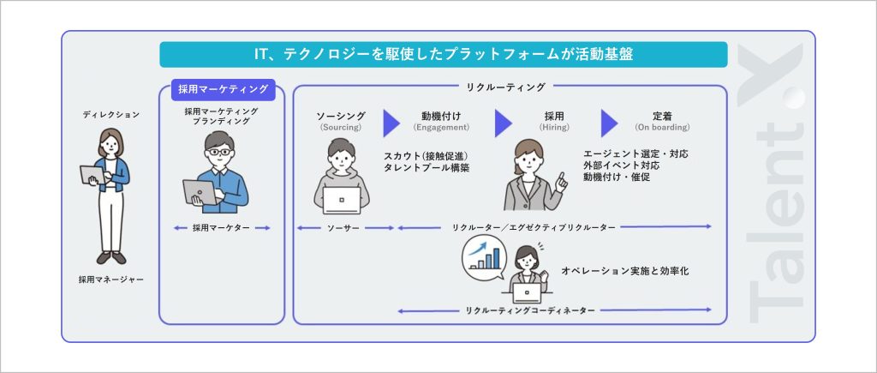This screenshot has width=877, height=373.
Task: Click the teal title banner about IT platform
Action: pos(443,55)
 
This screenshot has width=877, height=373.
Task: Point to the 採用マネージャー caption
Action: pos(111,280)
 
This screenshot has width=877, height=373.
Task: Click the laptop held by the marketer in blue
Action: pos(200,192)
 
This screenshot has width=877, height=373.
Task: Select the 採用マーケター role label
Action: pos(222,228)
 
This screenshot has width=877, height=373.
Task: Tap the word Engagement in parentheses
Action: pos(442,128)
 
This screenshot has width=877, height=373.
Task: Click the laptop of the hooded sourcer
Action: pos(340,199)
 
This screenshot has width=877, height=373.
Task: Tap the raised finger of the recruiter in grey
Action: pos(561,179)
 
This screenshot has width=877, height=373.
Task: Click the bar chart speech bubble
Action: pos(485,257)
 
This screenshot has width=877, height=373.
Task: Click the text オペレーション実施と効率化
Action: pos(625,271)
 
